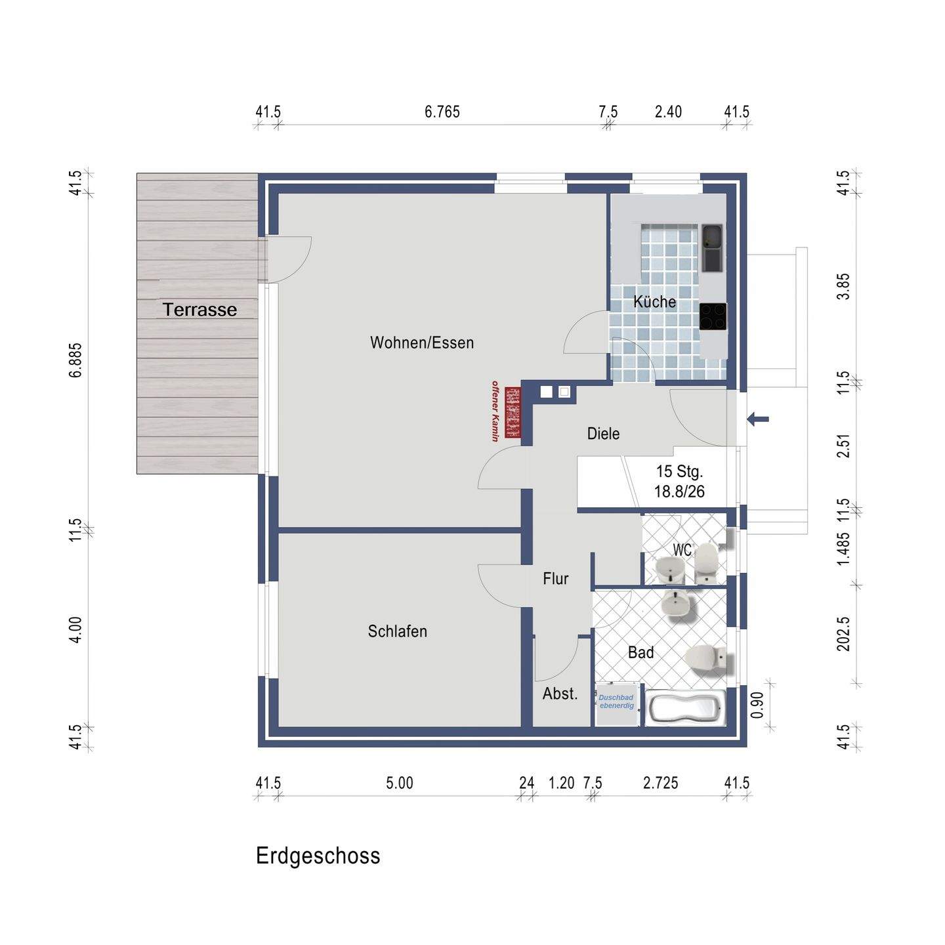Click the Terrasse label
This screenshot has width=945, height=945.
(x=199, y=310)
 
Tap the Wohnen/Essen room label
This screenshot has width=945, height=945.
(x=422, y=343)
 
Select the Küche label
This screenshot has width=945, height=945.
(x=654, y=301)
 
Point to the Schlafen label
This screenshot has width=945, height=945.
(x=397, y=631)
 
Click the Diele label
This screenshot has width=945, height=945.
(x=603, y=434)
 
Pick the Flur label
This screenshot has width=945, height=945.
(x=556, y=579)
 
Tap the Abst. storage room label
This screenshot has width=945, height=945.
(x=560, y=694)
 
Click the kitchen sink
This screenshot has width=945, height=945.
(x=712, y=248)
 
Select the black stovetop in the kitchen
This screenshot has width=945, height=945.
(x=713, y=316)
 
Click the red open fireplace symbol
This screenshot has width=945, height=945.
(x=513, y=412)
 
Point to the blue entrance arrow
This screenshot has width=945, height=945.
(x=758, y=419)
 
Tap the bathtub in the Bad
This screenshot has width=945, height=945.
(x=684, y=707)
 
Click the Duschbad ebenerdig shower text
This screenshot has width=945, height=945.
(x=616, y=702)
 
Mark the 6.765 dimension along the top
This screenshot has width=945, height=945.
(x=442, y=112)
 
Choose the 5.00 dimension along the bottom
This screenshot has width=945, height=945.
(x=399, y=783)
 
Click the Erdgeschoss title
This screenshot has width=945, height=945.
(x=318, y=855)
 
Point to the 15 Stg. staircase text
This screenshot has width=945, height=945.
(x=679, y=471)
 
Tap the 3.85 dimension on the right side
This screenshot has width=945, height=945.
(x=843, y=286)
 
